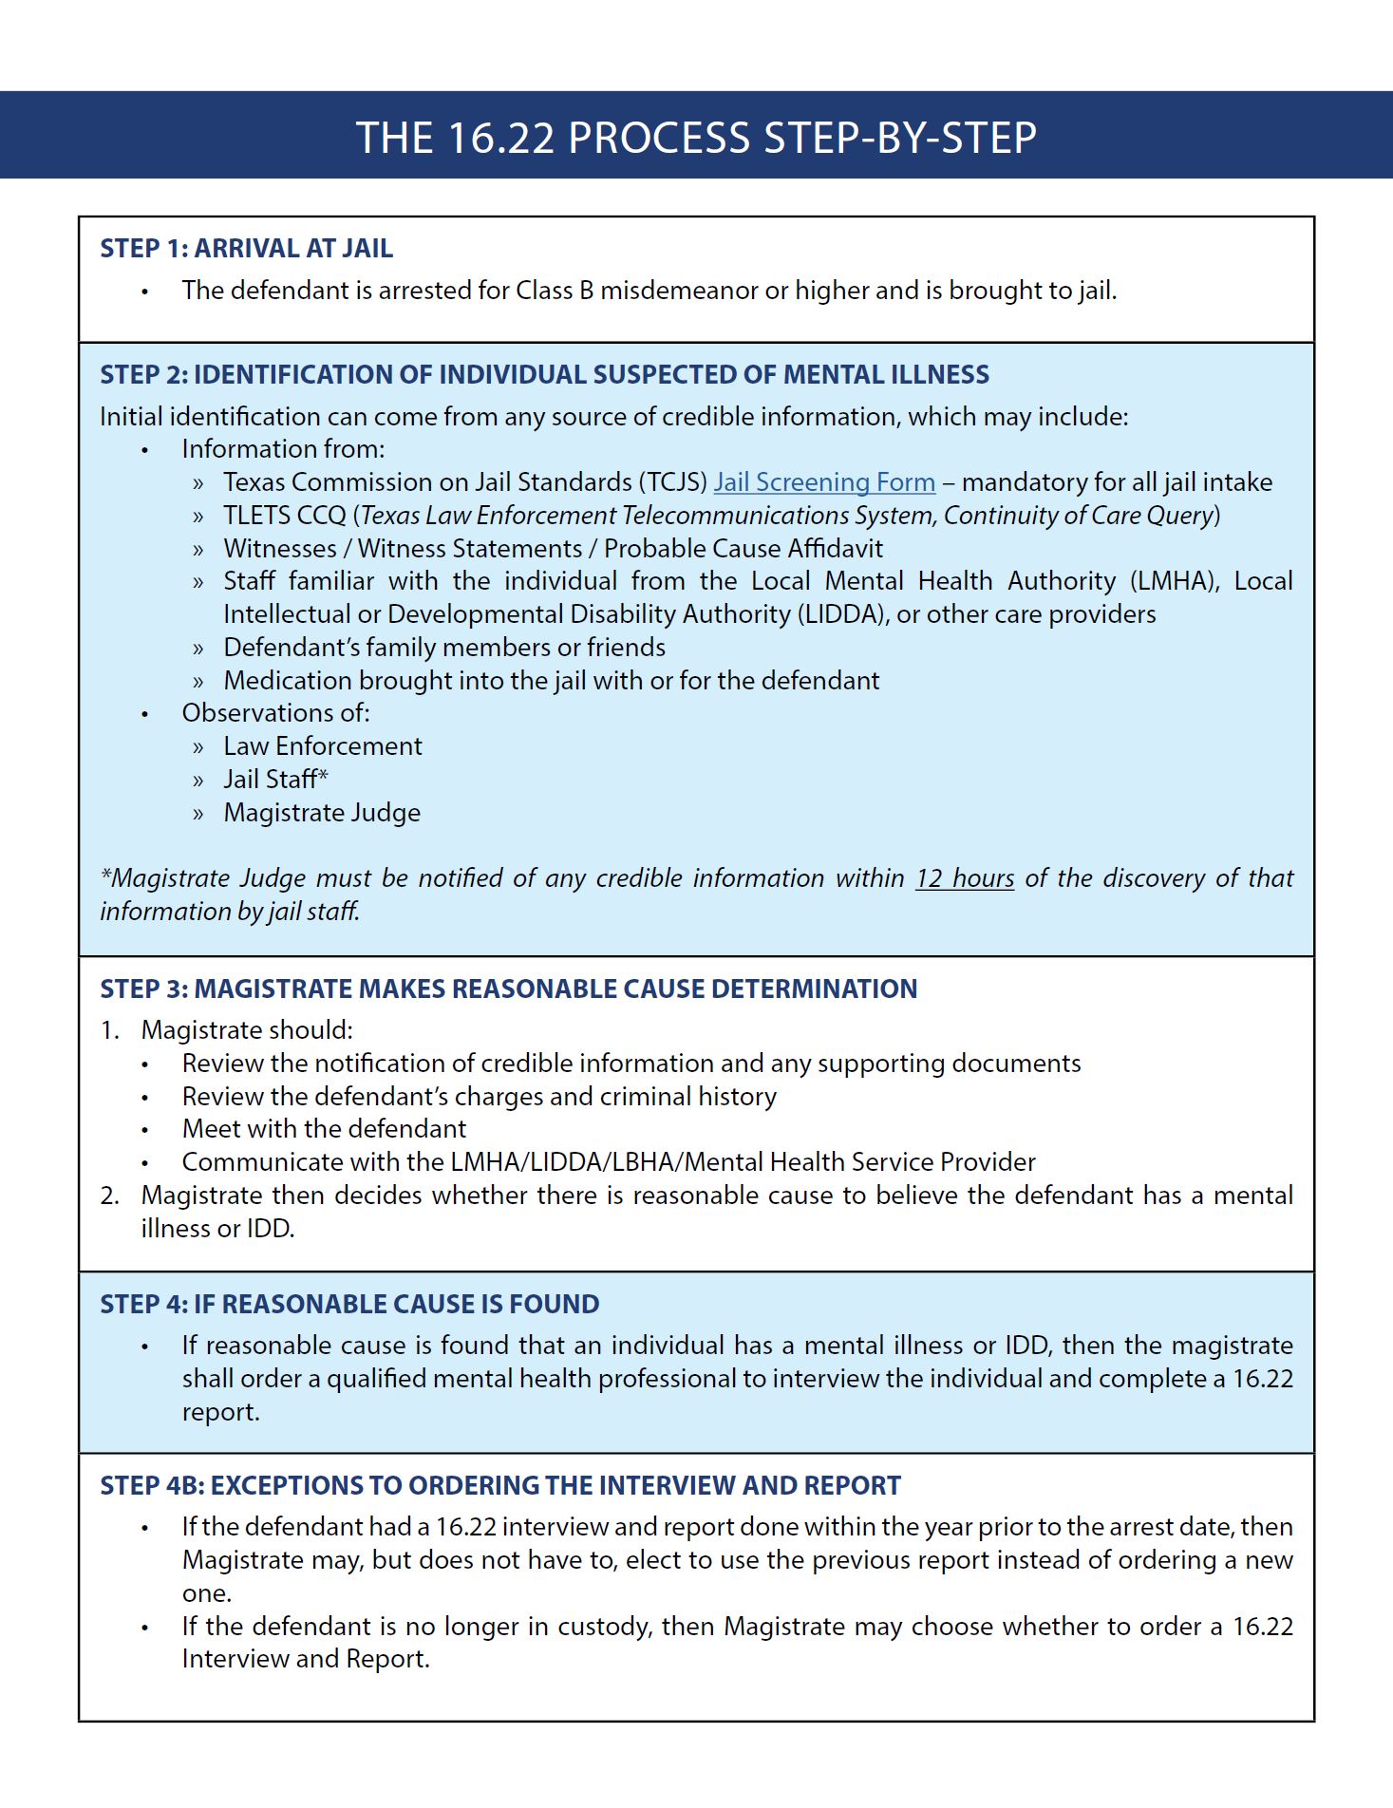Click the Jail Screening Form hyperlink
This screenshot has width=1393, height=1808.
(824, 482)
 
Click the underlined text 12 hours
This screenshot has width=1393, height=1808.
(964, 878)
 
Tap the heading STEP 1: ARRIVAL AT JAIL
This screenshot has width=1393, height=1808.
(246, 249)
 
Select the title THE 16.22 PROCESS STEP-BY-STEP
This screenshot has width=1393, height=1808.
(696, 138)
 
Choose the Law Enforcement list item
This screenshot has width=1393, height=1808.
(322, 746)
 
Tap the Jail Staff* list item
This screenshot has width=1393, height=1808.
(275, 780)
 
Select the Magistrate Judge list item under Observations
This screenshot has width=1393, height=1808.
(322, 813)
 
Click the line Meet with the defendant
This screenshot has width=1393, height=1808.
(324, 1129)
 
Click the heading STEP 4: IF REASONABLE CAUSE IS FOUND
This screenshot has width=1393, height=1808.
(349, 1304)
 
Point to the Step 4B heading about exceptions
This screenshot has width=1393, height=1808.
(499, 1485)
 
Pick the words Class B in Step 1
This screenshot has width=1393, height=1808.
(555, 291)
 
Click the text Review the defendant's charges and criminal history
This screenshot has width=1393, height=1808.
(479, 1097)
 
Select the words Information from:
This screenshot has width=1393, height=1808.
(283, 449)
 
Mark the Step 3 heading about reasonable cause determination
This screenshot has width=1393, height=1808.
(508, 989)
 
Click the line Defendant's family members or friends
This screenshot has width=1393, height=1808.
(443, 648)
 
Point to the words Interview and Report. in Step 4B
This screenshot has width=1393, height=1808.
(306, 1659)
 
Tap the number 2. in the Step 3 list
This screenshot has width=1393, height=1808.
(109, 1196)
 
